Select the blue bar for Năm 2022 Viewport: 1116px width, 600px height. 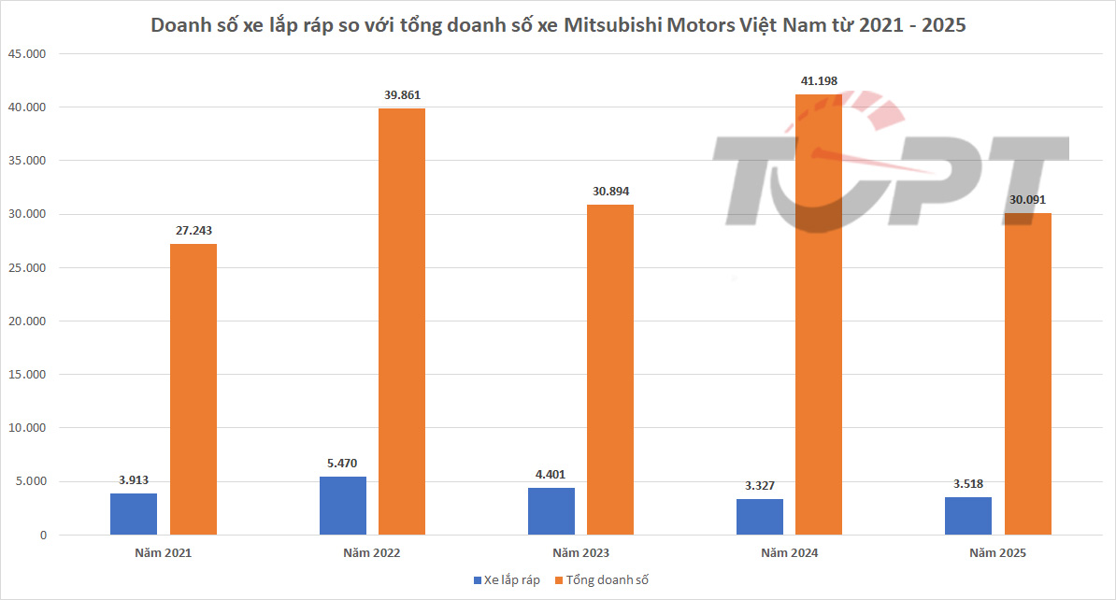click(x=343, y=506)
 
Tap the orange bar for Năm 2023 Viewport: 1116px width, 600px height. click(x=610, y=370)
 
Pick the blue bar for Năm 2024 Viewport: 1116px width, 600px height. click(x=760, y=517)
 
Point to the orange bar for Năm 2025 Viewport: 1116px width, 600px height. click(x=1027, y=374)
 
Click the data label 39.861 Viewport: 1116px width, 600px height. click(x=402, y=95)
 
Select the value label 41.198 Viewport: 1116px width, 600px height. click(x=819, y=81)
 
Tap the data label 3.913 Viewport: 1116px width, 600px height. click(x=135, y=480)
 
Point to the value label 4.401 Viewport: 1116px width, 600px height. click(x=551, y=475)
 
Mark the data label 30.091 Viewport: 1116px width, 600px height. click(x=1027, y=200)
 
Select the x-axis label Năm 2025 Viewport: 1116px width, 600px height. click(x=997, y=553)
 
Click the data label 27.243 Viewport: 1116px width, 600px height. click(x=193, y=231)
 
